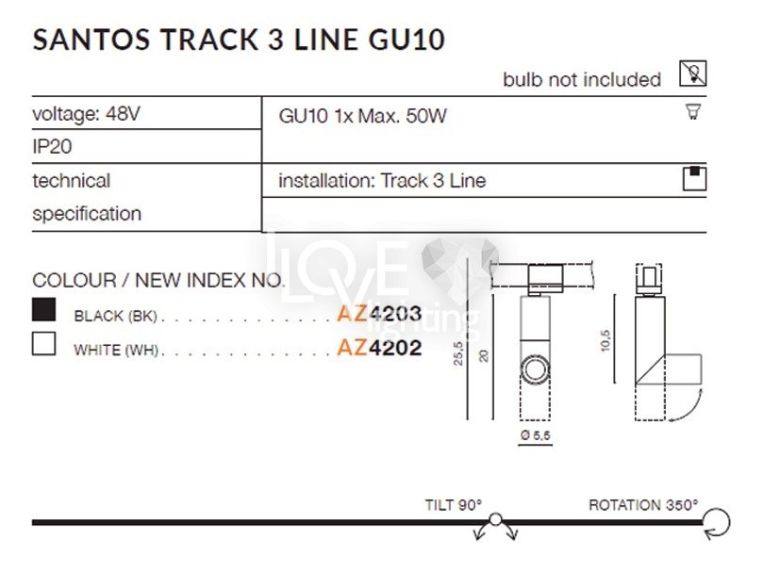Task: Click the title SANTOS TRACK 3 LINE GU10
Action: click(x=239, y=39)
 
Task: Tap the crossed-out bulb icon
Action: click(x=693, y=74)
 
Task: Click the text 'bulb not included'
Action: click(x=581, y=80)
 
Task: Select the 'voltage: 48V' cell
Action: click(x=86, y=114)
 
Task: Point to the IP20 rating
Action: click(x=53, y=147)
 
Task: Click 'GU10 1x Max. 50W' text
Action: click(x=362, y=117)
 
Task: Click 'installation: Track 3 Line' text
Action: click(x=382, y=180)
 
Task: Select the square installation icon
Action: click(x=694, y=178)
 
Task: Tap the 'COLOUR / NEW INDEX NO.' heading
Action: click(x=158, y=280)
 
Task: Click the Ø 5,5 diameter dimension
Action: click(x=535, y=435)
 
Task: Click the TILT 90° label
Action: click(x=453, y=504)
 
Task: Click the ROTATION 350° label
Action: click(x=643, y=504)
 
